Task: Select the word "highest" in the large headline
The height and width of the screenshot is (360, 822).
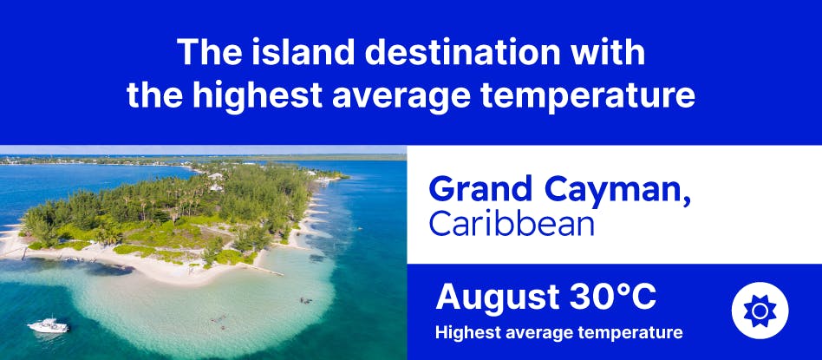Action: pyautogui.click(x=258, y=96)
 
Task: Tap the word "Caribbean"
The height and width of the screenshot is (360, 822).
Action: pyautogui.click(x=512, y=223)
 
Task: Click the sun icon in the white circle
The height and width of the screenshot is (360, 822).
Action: pyautogui.click(x=760, y=311)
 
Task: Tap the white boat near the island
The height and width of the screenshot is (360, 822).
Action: pyautogui.click(x=49, y=326)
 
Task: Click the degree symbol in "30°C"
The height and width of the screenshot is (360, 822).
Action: pyautogui.click(x=621, y=291)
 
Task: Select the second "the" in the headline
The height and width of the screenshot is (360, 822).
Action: pyautogui.click(x=155, y=96)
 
